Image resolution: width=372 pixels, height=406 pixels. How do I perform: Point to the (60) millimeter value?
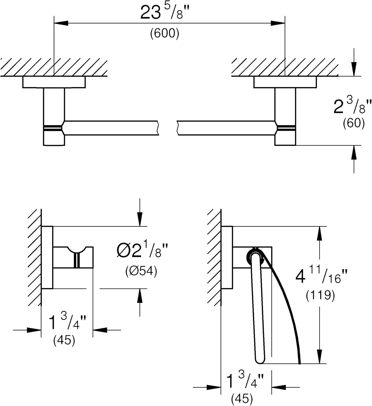354,123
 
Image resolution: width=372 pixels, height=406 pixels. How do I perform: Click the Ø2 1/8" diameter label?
142,251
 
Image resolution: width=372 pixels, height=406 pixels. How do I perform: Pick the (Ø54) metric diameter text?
141,271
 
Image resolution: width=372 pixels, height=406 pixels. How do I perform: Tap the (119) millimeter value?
320,295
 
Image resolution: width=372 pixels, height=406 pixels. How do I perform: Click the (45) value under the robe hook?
64,340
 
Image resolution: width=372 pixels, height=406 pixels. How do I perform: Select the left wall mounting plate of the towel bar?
54,82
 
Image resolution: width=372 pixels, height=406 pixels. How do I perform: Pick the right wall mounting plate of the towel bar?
285,82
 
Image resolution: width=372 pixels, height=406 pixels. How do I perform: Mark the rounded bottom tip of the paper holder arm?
260,360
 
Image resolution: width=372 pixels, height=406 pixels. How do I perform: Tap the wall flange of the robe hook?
47,257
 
